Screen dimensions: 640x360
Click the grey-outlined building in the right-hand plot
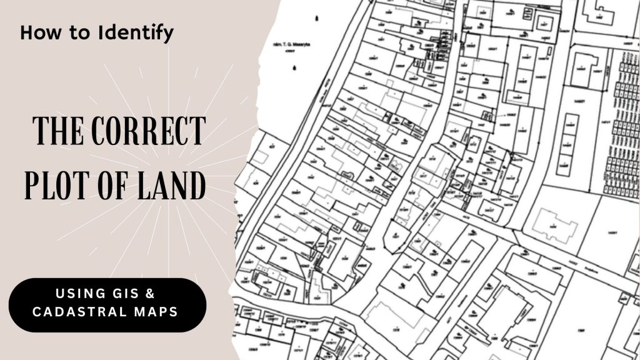tap(552, 224)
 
